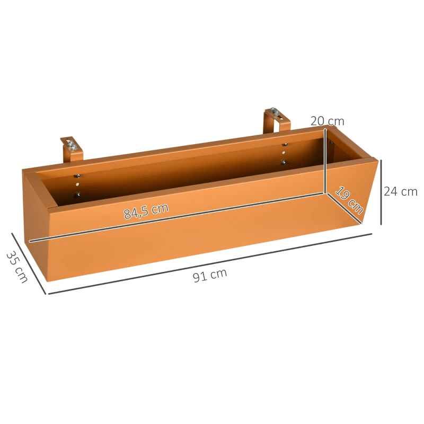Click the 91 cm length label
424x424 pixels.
[210, 276]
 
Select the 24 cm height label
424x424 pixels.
[400, 191]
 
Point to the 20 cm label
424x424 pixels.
[327, 121]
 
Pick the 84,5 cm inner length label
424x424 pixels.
[146, 210]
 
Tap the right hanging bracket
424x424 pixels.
[277, 121]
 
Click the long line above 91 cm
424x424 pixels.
[210, 263]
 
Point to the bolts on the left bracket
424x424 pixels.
[71, 144]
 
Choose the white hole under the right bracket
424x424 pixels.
[284, 153]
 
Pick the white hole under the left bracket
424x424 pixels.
[78, 185]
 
